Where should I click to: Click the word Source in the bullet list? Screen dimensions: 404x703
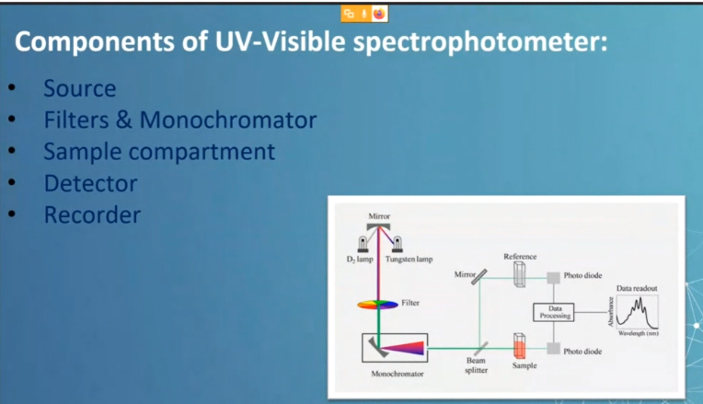click(79, 89)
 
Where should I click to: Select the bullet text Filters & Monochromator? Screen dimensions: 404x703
click(179, 121)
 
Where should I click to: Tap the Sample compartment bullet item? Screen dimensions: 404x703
click(159, 152)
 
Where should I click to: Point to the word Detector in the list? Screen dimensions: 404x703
click(90, 183)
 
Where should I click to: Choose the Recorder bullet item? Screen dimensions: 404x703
click(92, 215)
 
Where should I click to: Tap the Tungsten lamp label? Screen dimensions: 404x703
click(409, 260)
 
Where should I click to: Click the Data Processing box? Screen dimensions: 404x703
click(555, 312)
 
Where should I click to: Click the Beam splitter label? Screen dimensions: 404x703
click(476, 366)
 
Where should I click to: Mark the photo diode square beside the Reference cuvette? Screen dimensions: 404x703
click(554, 277)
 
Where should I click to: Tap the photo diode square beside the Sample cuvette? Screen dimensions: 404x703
click(554, 348)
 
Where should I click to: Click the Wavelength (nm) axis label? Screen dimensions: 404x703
click(638, 333)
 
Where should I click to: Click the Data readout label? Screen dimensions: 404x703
click(637, 288)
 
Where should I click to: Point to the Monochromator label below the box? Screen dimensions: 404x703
click(397, 375)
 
